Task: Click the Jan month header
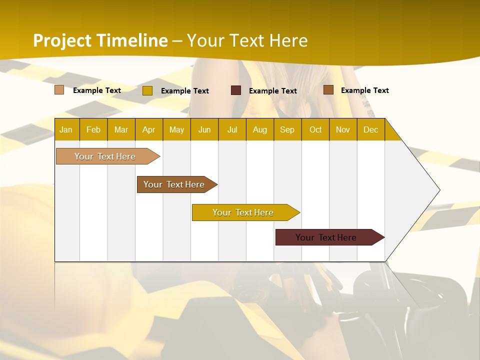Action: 66,129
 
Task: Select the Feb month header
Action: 93,129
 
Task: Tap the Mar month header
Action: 121,129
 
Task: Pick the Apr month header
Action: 149,129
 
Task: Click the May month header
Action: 176,129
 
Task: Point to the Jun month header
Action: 204,129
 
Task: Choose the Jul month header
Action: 232,129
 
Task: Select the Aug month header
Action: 260,129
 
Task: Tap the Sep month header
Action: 287,129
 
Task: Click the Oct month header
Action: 315,129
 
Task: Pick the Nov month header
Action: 343,129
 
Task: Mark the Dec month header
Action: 371,129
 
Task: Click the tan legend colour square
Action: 59,90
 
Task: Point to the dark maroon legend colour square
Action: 236,90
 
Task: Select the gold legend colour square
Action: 147,90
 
